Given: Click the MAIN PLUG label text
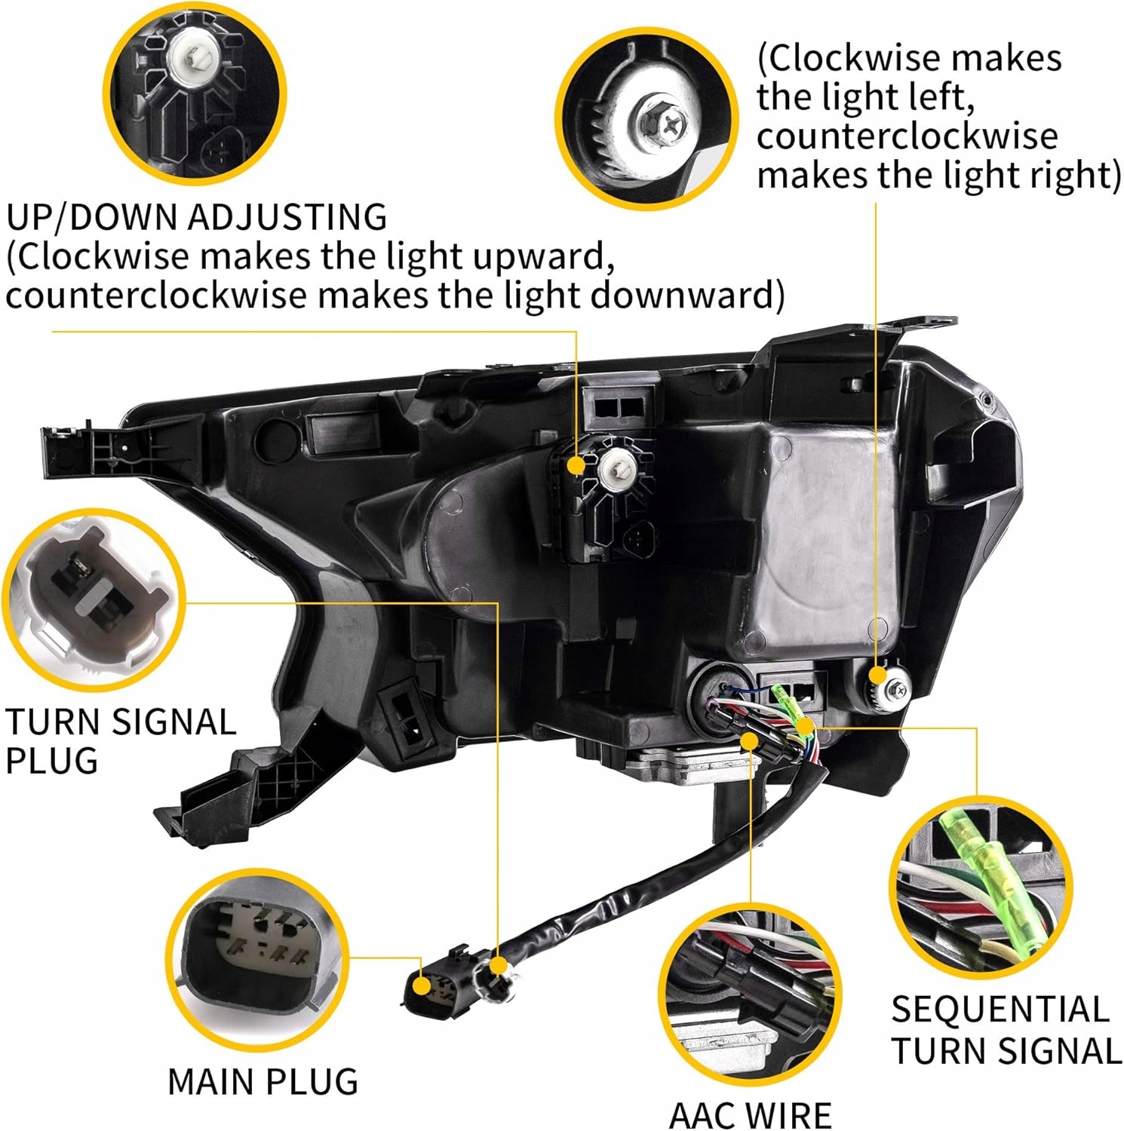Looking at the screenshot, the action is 263,1081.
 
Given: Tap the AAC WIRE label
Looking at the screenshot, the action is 750,1114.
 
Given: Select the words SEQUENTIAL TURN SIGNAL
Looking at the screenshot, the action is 1006,1030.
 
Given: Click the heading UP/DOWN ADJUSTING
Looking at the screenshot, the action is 197,218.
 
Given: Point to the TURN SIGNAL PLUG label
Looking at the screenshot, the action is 121,740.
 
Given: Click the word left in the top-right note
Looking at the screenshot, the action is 934,97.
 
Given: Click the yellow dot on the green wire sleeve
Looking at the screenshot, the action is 805,727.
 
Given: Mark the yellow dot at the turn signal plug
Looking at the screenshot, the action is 498,964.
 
